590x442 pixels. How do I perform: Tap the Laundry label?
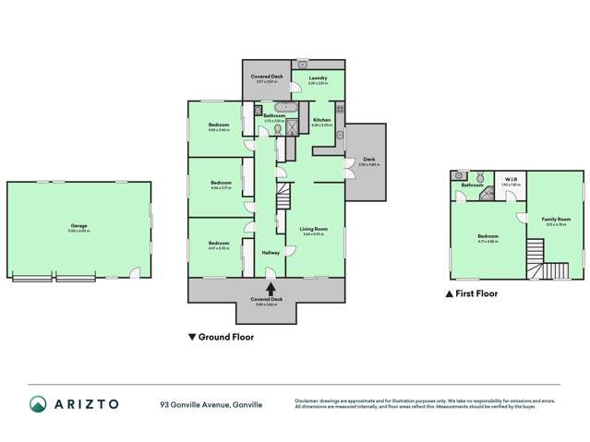(319, 78)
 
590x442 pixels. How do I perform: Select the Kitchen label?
(321, 121)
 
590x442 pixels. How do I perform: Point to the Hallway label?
(271, 252)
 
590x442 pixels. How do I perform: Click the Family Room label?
(558, 219)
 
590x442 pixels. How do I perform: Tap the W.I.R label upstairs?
(511, 181)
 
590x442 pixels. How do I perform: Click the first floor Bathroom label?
(473, 185)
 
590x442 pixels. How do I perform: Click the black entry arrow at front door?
(268, 275)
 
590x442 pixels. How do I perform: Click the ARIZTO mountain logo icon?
(39, 403)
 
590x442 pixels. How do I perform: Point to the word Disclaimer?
(307, 399)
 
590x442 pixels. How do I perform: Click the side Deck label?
(368, 160)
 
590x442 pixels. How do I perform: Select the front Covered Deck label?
(266, 299)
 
